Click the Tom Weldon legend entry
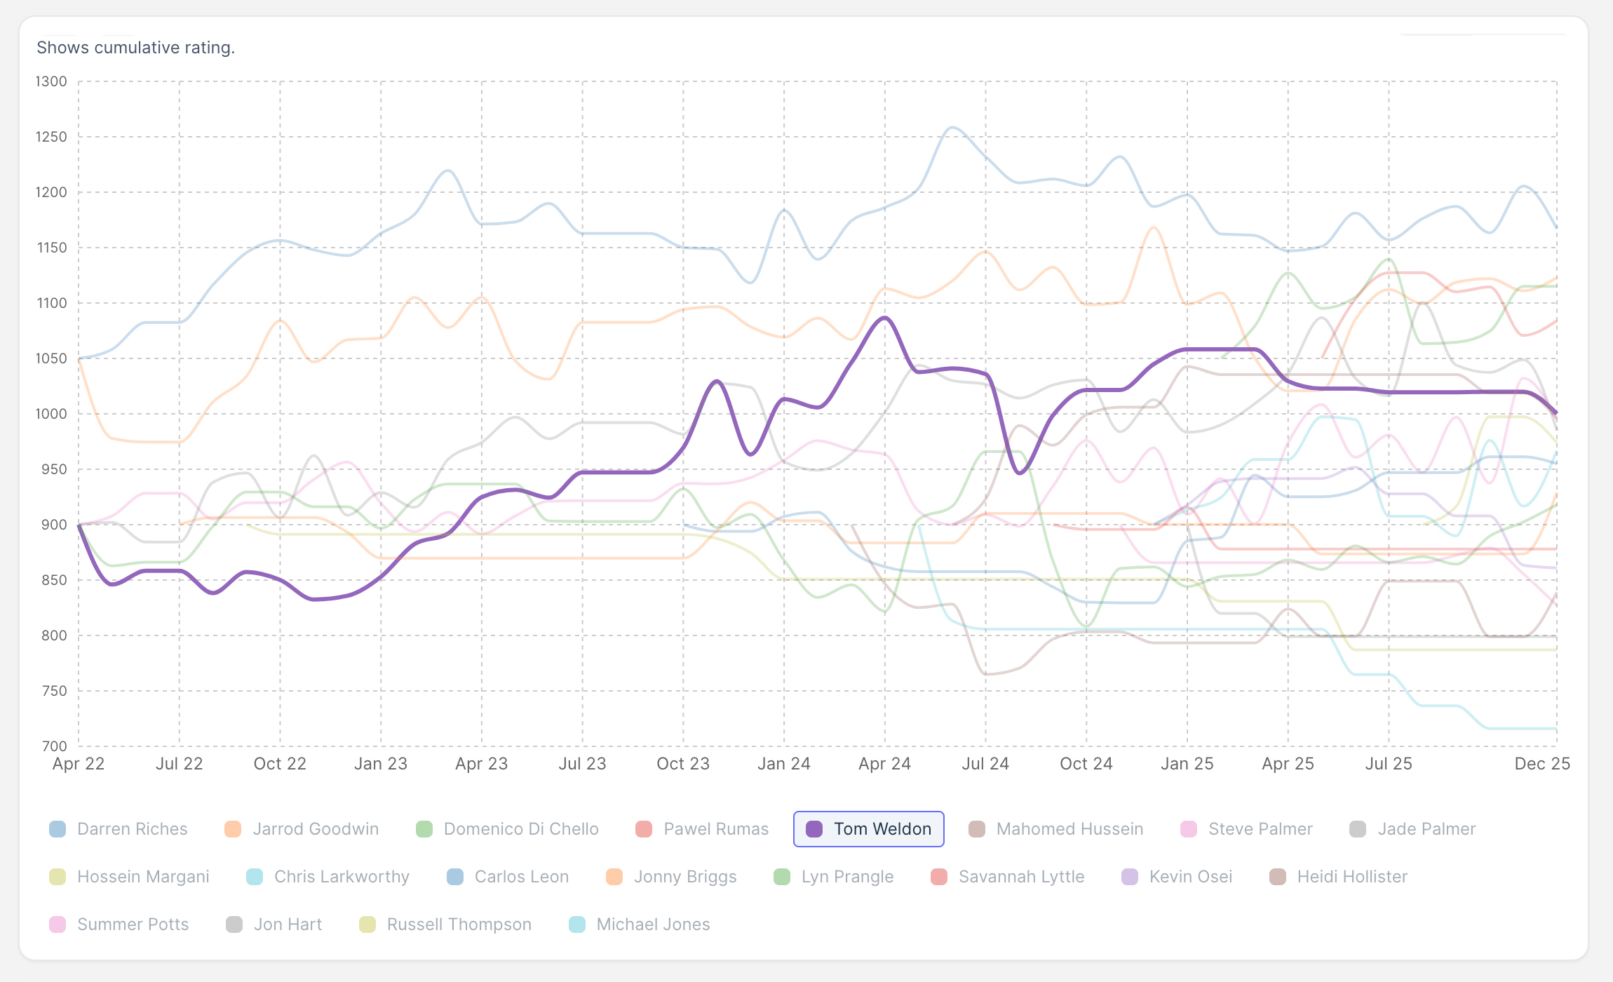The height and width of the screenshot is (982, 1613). pos(868,829)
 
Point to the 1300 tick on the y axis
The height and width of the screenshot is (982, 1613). pos(51,81)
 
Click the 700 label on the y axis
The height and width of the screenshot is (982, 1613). pos(54,746)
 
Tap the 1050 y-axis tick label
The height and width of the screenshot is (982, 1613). pos(51,358)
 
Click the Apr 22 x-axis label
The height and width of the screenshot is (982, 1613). pos(79,764)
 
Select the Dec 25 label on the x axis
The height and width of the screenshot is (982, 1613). pos(1541,764)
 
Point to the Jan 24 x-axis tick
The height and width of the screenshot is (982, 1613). pos(784,764)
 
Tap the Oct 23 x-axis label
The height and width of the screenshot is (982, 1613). pos(683,764)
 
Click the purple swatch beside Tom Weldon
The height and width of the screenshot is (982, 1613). pos(814,829)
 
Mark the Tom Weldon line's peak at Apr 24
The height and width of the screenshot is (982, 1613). pos(885,317)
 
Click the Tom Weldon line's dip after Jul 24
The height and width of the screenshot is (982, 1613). pos(1020,473)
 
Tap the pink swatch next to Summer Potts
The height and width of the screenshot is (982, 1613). pos(58,924)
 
